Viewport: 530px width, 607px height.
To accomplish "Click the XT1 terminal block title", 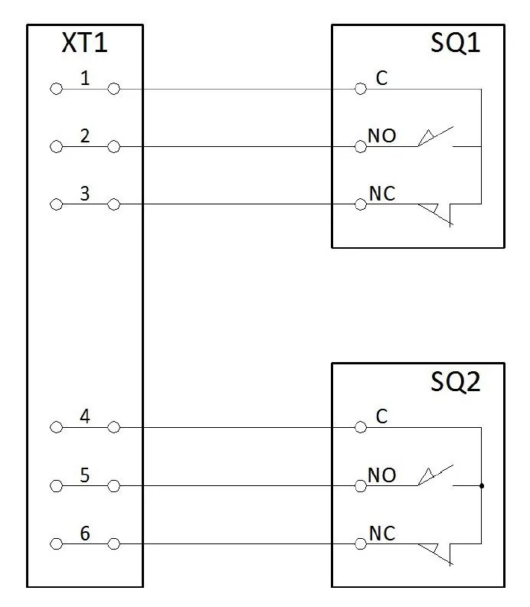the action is [84, 43].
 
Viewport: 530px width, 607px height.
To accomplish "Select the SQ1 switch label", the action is [455, 43].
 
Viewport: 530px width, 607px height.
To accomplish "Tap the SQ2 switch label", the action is [455, 382].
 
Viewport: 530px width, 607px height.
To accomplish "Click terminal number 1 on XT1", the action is [85, 78].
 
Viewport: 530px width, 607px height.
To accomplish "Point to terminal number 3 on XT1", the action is [85, 194].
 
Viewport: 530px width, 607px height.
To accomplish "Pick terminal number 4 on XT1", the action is [85, 416].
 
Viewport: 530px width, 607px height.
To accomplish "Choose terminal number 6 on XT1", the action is [85, 534].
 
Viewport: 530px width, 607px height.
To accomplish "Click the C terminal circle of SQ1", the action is [361, 89].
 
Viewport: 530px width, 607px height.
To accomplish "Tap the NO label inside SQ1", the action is [382, 136].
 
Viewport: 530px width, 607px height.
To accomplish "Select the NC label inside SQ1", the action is [382, 194].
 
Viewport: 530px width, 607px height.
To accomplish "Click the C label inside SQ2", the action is [381, 416].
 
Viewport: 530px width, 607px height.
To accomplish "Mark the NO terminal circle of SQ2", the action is [361, 486].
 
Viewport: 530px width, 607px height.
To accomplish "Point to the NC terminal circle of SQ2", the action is [361, 544].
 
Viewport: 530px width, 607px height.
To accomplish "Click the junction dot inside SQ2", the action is [482, 486].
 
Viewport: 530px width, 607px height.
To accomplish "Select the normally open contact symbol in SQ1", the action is [436, 137].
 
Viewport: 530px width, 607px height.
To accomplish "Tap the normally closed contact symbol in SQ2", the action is [436, 554].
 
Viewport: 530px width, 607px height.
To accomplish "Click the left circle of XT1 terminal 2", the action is [56, 147].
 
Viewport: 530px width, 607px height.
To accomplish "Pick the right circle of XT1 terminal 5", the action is [113, 486].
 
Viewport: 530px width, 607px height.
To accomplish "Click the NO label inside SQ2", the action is [382, 475].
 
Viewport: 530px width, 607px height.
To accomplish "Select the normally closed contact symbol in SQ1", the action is [436, 215].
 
